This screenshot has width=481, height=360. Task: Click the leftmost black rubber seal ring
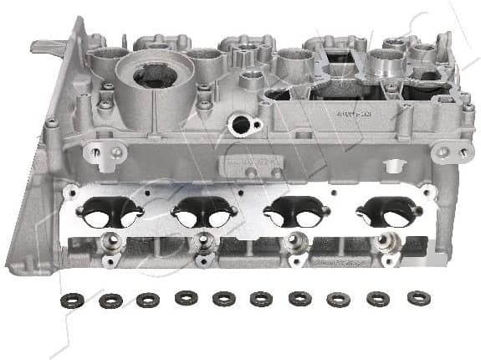pos(73,301)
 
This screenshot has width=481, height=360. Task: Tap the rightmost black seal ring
pos(418,297)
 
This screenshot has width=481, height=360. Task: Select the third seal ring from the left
pos(148,299)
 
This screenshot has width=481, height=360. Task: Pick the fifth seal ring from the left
pos(224,299)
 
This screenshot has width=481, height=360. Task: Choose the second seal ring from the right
pos(378,299)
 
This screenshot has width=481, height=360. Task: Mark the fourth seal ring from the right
pos(300,299)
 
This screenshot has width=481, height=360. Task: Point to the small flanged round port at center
pos(244,126)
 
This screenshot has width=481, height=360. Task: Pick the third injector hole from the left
pos(294,243)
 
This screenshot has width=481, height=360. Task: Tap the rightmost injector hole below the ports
pos(384,241)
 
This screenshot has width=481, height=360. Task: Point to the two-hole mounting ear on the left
pos(105,153)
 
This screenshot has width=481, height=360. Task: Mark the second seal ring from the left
pos(110,300)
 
